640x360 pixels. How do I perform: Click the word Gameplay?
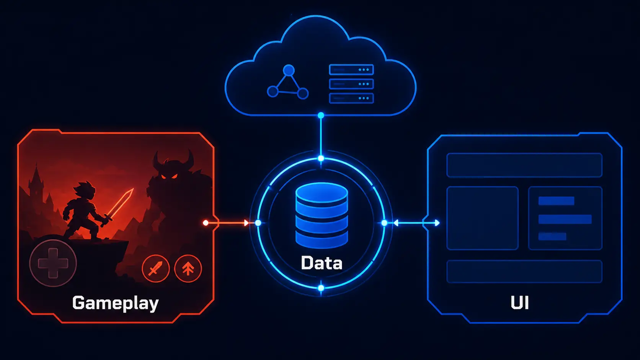pos(116,303)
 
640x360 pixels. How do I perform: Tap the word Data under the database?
pos(322,263)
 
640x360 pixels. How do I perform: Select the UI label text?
pos(520,303)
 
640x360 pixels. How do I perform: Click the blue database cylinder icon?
pos(322,215)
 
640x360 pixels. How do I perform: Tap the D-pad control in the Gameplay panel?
pos(53,263)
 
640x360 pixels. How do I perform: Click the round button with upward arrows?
pos(188,269)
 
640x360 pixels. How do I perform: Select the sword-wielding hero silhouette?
pos(86,211)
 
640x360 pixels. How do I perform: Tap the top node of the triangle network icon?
pos(289,70)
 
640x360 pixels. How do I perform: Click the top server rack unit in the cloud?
pos(351,70)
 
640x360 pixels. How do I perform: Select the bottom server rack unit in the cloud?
pos(351,98)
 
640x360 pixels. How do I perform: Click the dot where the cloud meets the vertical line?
pos(321,115)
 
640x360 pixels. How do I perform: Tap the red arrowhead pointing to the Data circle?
pos(246,223)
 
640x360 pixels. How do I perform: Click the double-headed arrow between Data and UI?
pos(416,223)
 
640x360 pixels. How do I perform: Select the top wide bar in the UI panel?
pos(524,165)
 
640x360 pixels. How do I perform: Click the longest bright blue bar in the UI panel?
pos(565,219)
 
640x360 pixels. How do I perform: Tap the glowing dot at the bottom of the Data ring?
pos(321,288)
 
